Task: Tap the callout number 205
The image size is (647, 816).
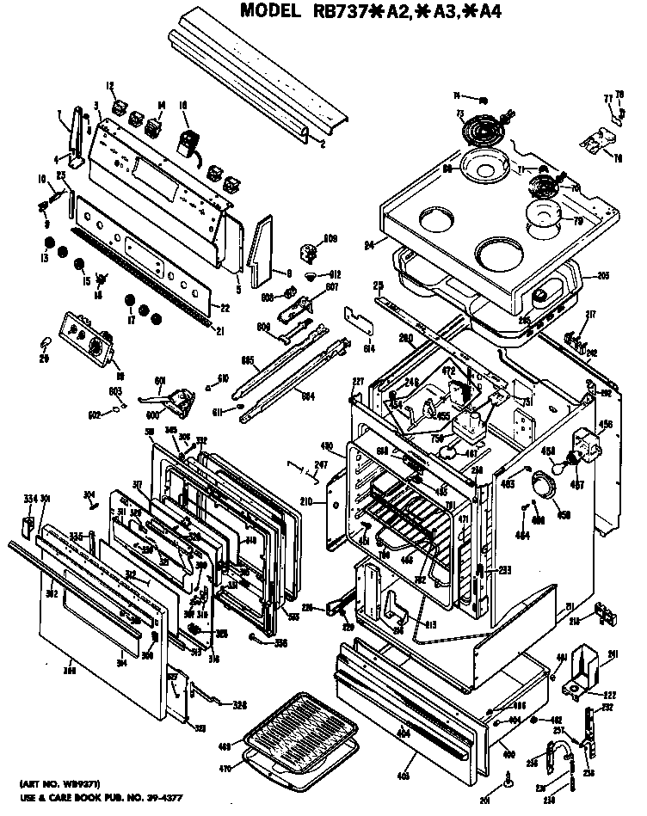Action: pyautogui.click(x=602, y=276)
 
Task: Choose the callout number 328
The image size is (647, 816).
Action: pyautogui.click(x=239, y=705)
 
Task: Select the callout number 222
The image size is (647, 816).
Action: pyautogui.click(x=607, y=694)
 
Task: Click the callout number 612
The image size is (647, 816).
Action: pyautogui.click(x=336, y=274)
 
